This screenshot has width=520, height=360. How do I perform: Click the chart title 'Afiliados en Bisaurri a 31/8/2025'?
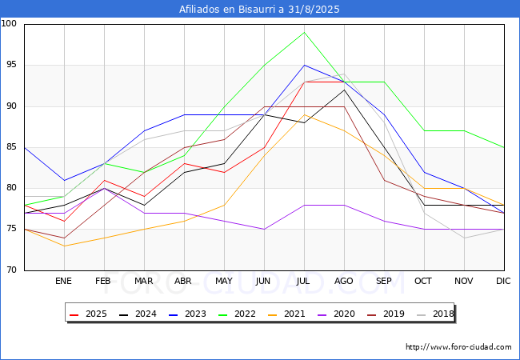tap(260, 10)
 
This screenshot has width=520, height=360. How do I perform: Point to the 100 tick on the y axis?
tap(10, 24)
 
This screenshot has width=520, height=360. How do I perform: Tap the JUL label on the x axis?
tap(304, 281)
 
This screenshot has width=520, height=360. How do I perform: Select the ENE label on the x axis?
tap(64, 281)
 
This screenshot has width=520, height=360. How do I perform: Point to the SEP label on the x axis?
tap(384, 281)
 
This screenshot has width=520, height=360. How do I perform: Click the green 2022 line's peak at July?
tap(304, 32)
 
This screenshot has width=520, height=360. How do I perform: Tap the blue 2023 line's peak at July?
tap(304, 65)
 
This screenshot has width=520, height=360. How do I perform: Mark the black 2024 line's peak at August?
tap(344, 90)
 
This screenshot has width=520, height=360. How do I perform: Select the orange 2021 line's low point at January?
tap(64, 246)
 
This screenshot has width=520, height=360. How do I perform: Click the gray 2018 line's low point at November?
tap(464, 238)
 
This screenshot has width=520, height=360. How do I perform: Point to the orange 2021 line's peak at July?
tap(304, 114)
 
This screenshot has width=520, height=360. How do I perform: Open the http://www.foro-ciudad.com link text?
tap(458, 347)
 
